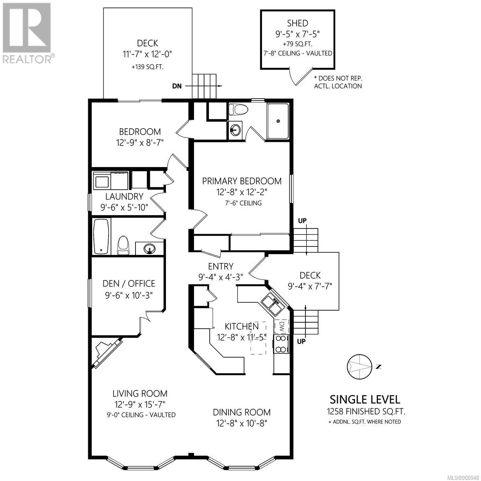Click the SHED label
(x=297, y=23)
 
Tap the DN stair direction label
(x=177, y=86)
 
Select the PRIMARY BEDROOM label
(x=242, y=181)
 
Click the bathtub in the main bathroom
(x=101, y=236)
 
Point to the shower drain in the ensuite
(x=278, y=121)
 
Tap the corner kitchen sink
(x=273, y=304)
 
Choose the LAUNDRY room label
(x=124, y=196)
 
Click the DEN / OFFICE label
(x=129, y=283)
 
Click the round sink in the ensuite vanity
(x=235, y=130)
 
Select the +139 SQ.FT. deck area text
(x=148, y=67)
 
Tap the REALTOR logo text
(x=28, y=59)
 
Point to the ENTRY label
(x=220, y=266)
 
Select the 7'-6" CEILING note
(x=243, y=203)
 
